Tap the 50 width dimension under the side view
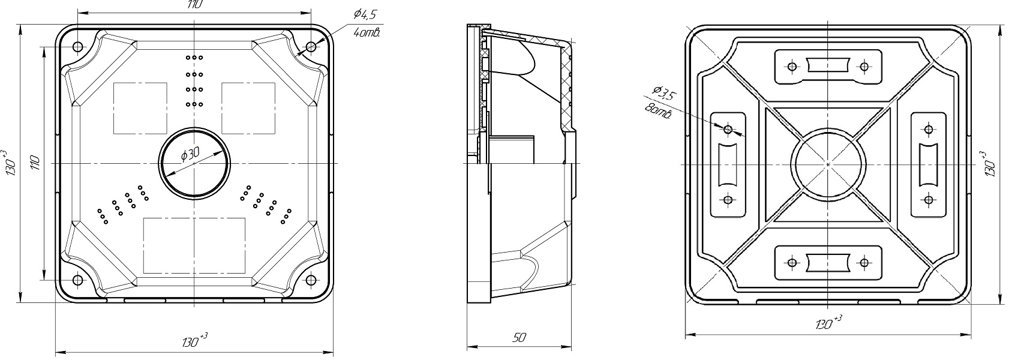(518, 338)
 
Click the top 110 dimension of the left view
(194, 5)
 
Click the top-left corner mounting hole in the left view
(77, 47)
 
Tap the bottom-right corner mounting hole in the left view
(310, 280)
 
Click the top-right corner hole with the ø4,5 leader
(310, 47)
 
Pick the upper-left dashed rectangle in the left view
(140, 108)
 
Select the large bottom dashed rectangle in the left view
(194, 245)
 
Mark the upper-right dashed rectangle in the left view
(248, 108)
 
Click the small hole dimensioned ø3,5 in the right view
(728, 129)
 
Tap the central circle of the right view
(827, 163)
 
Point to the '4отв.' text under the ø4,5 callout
(367, 33)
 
